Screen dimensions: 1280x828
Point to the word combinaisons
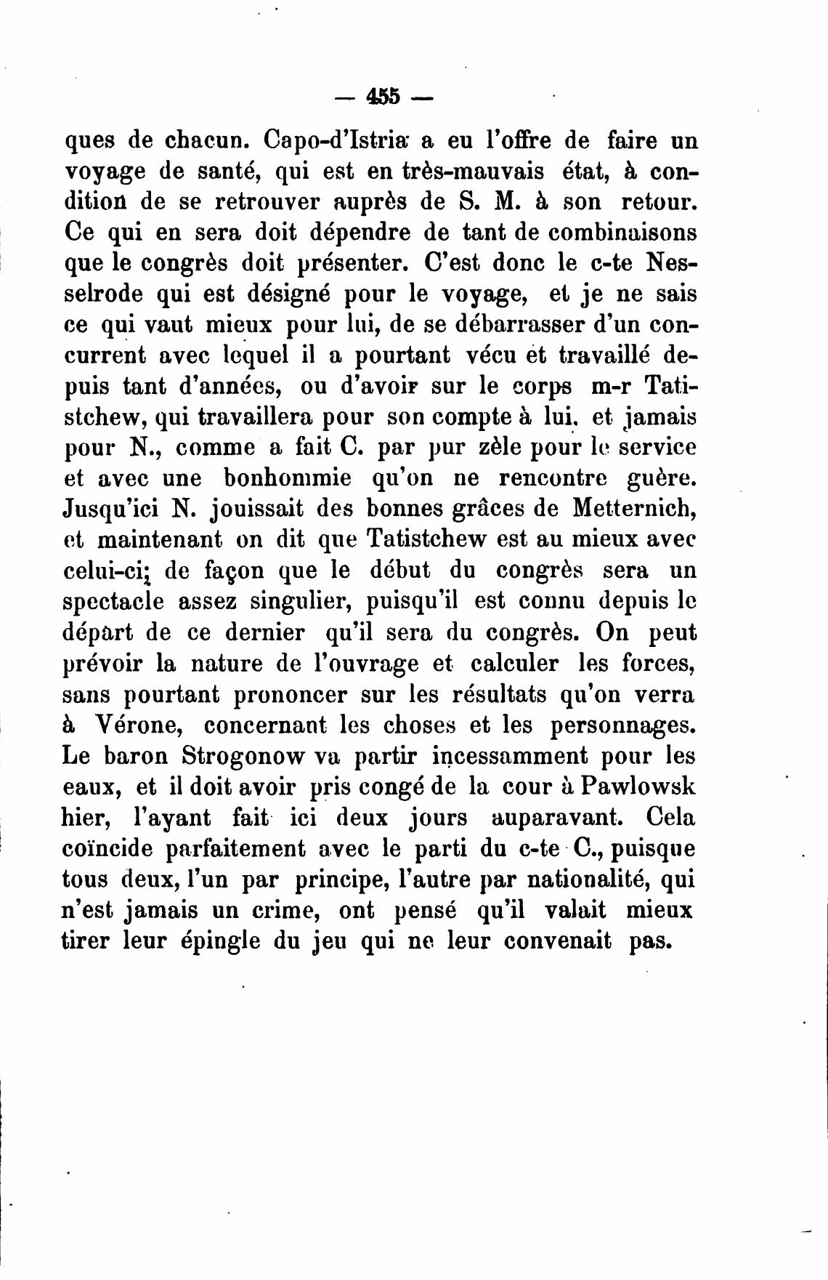[x=622, y=233]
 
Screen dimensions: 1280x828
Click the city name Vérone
[x=142, y=725]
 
